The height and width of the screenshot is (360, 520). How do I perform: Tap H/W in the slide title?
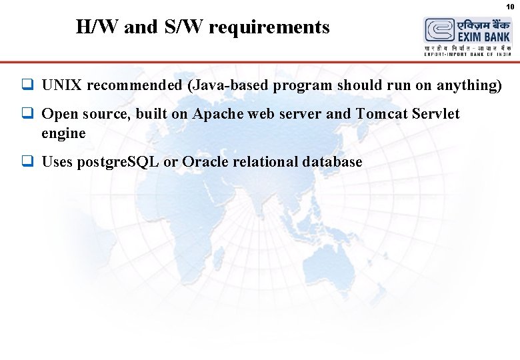coord(96,27)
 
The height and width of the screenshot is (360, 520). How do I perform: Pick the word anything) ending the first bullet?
coord(469,85)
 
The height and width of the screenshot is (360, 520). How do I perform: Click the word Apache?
coord(218,114)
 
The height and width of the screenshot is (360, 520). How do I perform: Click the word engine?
coord(63,133)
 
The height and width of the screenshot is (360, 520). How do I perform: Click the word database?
coord(332,162)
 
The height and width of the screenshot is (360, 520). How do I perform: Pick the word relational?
coord(264,162)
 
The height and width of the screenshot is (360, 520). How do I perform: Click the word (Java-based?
coord(225,85)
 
